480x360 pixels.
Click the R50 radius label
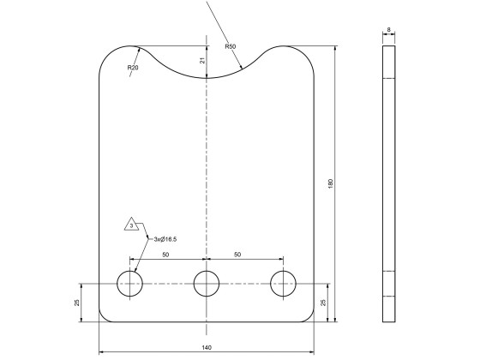(x=231, y=46)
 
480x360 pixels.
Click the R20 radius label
(x=133, y=66)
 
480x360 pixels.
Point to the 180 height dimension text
(x=330, y=183)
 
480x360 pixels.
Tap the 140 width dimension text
(x=207, y=347)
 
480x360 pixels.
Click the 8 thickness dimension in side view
(x=389, y=30)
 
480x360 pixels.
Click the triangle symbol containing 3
(x=131, y=225)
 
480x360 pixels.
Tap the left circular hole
(x=131, y=283)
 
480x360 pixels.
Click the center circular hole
(x=207, y=283)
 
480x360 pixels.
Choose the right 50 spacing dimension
(x=243, y=255)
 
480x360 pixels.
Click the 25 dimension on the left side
(x=78, y=302)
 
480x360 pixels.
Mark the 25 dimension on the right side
(x=322, y=302)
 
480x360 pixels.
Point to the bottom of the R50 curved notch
(x=207, y=80)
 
